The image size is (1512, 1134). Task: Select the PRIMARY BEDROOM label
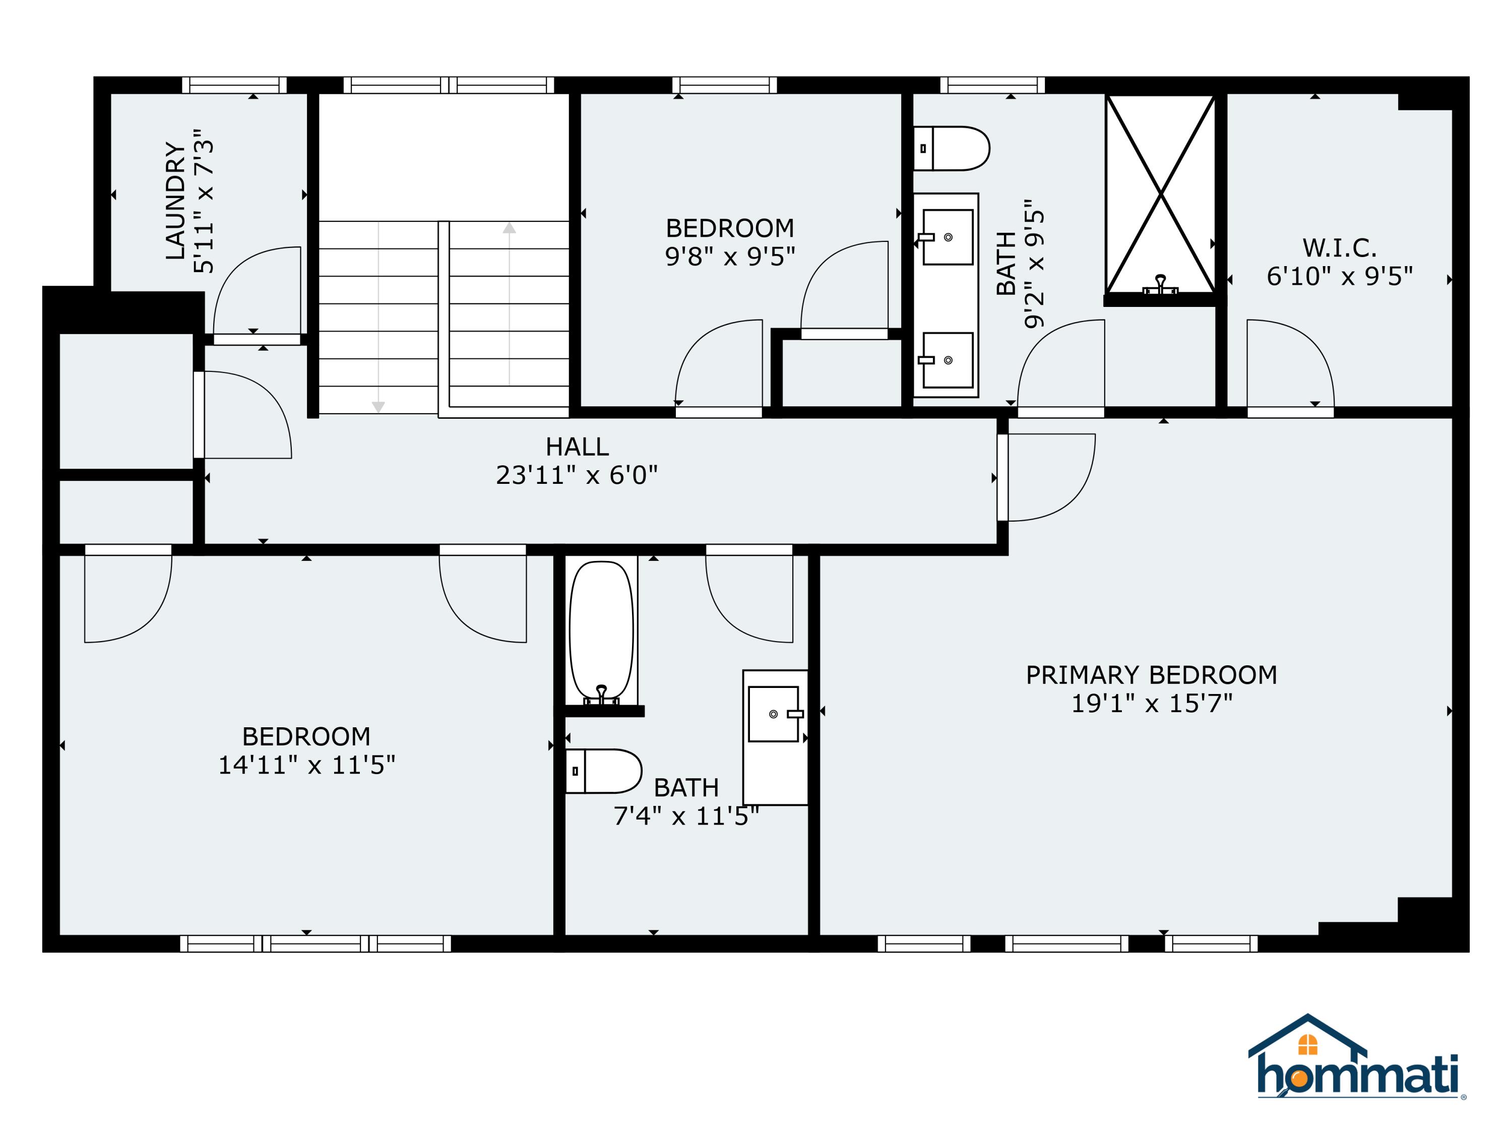1151,675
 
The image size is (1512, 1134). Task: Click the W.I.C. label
1339,247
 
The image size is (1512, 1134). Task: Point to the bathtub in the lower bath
601,630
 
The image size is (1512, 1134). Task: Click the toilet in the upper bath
952,148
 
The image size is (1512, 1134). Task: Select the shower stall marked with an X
1160,195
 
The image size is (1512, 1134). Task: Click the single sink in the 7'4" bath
774,714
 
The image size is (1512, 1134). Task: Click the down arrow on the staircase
378,406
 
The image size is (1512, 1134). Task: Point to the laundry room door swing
257,290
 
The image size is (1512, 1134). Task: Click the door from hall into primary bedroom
1046,477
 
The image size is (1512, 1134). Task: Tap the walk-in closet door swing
1290,364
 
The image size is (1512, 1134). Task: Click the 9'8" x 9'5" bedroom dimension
729,257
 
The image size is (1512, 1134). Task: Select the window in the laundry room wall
234,85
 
